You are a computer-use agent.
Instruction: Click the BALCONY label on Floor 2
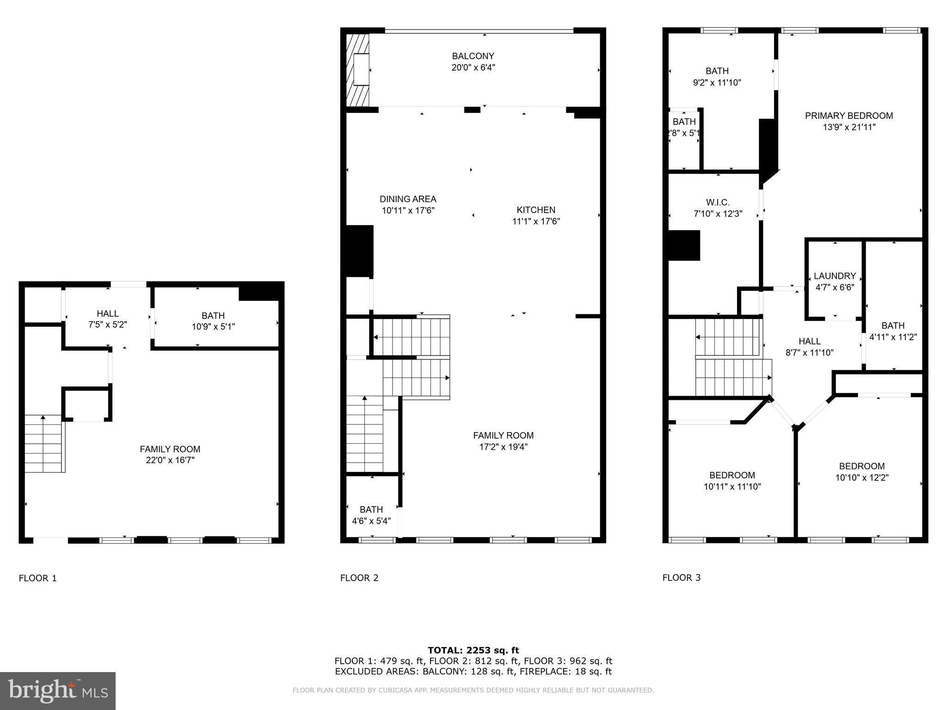coord(473,56)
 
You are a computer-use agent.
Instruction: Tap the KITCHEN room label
coord(536,210)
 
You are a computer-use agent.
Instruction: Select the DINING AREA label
coord(408,199)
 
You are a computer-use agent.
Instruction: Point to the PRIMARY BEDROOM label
coord(849,116)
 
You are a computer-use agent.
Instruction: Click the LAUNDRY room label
coord(835,276)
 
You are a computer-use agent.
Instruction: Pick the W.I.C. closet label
coord(718,202)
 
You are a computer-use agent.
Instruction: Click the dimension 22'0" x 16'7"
coord(170,460)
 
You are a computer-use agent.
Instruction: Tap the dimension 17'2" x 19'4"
coord(503,447)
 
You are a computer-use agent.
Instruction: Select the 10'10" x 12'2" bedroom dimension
coord(862,477)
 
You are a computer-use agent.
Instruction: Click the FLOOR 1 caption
coord(37,578)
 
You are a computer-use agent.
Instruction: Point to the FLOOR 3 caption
coord(681,577)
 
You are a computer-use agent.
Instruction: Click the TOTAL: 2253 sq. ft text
coord(473,650)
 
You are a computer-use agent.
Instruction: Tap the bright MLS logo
coord(58,691)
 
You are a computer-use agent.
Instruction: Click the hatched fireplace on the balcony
coord(358,69)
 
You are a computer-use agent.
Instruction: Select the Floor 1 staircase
coord(43,444)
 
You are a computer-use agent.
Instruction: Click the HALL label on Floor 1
coord(108,313)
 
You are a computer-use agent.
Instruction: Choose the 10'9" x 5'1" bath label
coord(213,321)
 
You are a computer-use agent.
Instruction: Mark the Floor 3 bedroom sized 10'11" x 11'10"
coord(732,481)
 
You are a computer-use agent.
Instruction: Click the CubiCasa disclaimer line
coord(473,690)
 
